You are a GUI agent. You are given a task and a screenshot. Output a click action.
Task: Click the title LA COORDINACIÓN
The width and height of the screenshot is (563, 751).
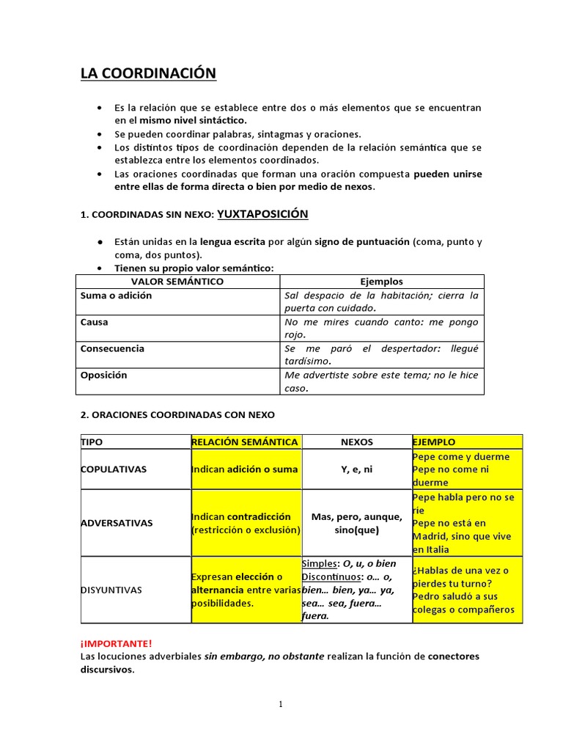coord(148,73)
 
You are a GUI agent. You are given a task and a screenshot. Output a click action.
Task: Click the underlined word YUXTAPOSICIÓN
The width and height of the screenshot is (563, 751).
coord(262,214)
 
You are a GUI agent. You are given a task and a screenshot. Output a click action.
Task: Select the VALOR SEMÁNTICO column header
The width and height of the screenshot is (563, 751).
coord(177,282)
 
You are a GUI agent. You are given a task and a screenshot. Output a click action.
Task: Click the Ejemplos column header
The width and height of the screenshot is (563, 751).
coord(381,282)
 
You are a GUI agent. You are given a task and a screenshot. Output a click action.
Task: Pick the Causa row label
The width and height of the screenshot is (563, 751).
coord(94,322)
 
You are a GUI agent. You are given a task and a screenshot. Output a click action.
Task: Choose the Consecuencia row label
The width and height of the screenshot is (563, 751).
coord(112,348)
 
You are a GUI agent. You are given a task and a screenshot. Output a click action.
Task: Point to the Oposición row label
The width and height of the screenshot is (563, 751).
coord(103,375)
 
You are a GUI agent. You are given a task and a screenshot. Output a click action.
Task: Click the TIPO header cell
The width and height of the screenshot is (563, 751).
coord(92,442)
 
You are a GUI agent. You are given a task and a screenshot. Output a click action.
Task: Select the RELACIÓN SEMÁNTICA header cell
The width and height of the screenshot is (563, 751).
coord(245,442)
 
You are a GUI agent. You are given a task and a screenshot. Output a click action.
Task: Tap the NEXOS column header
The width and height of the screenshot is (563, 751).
coord(357,442)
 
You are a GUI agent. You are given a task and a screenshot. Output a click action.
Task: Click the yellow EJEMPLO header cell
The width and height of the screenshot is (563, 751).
coord(434,442)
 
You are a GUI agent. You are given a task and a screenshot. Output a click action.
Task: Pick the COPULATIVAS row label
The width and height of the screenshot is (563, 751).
coord(113,469)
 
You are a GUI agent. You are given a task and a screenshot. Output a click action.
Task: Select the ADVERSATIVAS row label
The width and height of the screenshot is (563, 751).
coord(117,524)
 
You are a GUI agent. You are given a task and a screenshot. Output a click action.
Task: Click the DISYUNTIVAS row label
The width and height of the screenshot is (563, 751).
coord(111,590)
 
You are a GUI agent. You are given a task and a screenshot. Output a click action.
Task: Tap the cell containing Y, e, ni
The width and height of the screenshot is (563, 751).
coord(357,469)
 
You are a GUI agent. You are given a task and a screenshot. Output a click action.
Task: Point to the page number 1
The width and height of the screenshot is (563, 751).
coord(281,704)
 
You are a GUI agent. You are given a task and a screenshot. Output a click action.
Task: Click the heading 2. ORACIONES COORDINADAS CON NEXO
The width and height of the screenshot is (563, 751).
coord(177,415)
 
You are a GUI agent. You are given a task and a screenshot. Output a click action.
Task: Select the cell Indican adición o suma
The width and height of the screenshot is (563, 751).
coord(245,469)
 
